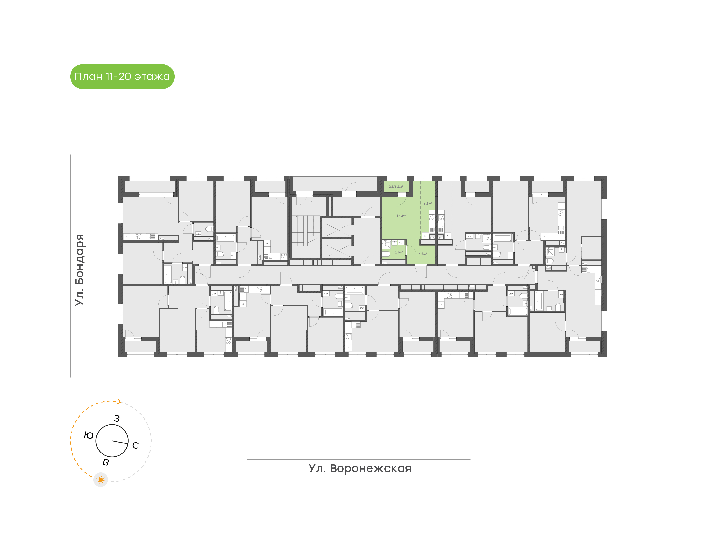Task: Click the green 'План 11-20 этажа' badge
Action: click(x=122, y=77)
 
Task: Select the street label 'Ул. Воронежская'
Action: click(x=360, y=468)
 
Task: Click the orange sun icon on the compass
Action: click(x=101, y=480)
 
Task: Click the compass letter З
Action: click(x=117, y=418)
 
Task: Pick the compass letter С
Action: click(x=135, y=445)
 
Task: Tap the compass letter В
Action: click(x=106, y=462)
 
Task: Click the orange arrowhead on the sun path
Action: click(x=119, y=402)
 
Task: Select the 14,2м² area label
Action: click(x=401, y=216)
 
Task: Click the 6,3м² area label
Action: click(x=428, y=204)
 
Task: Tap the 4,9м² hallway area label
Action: click(x=423, y=254)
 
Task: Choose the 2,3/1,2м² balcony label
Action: click(x=396, y=187)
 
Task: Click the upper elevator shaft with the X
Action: click(x=338, y=230)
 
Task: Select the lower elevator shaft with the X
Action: click(x=338, y=251)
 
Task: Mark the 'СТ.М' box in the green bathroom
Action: click(x=401, y=243)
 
